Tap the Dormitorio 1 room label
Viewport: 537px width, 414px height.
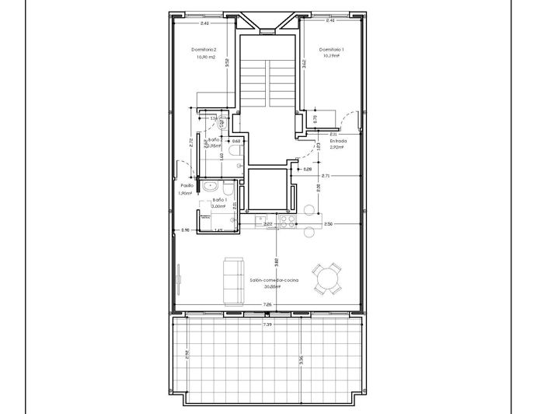click(332, 49)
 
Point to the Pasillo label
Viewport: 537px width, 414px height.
click(187, 185)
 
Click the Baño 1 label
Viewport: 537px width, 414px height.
click(219, 199)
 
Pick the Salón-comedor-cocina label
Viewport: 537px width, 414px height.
click(275, 279)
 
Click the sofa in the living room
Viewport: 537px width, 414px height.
click(231, 280)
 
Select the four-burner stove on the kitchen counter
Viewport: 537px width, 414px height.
click(288, 221)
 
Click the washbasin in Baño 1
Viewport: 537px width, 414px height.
click(211, 186)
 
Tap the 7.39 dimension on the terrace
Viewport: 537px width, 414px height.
click(267, 324)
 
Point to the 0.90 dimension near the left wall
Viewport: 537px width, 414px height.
click(186, 230)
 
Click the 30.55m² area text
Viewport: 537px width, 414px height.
click(270, 286)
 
